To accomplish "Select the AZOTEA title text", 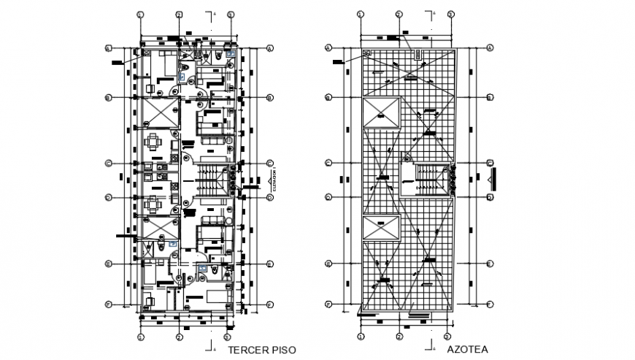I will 469,351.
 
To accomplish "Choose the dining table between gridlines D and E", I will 154,204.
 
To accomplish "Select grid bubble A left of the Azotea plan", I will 328,48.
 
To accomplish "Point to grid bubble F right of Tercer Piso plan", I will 269,305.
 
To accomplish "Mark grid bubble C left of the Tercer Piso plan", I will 108,164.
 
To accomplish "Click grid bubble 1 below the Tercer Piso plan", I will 140,337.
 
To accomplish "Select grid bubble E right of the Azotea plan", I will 490,264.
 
